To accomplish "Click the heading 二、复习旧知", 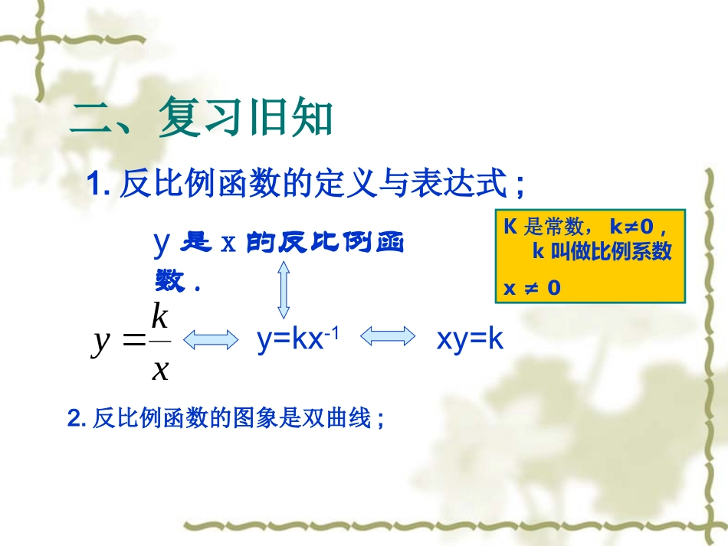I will coord(201,119).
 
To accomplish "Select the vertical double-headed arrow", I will coord(284,289).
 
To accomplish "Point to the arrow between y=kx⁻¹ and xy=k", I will coord(388,338).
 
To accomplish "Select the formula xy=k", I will coord(470,339).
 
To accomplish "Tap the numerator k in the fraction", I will coord(159,315).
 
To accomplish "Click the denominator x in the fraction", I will coord(160,369).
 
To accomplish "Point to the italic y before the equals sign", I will coord(101,342).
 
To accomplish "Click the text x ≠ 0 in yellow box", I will coord(532,288).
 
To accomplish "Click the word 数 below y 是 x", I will coord(169,283).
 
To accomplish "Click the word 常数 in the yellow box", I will coord(564,227).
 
